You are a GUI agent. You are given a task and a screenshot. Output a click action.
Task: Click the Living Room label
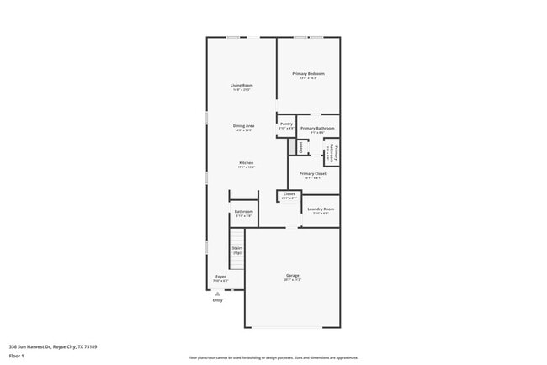coord(242,87)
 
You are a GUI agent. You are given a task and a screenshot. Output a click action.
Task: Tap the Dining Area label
coord(244,127)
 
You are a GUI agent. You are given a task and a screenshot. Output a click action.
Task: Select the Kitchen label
coord(246,164)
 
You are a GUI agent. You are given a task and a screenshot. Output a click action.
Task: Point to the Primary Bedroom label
coord(308,75)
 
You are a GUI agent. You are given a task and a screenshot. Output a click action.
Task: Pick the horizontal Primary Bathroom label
coord(317,130)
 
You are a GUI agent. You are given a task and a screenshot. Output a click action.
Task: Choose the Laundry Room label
coord(321,210)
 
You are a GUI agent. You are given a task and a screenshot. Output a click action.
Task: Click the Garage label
coord(293,277)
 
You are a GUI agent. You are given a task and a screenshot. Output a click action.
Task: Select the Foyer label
coord(220,278)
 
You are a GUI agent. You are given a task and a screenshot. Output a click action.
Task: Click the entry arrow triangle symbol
coord(218,294)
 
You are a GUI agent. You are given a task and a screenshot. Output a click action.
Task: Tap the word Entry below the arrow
coord(218,300)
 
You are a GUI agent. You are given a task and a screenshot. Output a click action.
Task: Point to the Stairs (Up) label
coord(237,250)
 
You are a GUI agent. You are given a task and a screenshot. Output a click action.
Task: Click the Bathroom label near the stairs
coord(244,213)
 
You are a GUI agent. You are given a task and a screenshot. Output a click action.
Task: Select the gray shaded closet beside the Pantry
coord(292,147)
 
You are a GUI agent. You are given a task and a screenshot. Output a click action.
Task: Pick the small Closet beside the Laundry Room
coord(289,195)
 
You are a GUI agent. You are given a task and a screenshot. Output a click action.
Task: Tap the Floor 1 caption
coord(18,356)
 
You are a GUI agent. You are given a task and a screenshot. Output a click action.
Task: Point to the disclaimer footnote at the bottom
coord(273,357)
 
